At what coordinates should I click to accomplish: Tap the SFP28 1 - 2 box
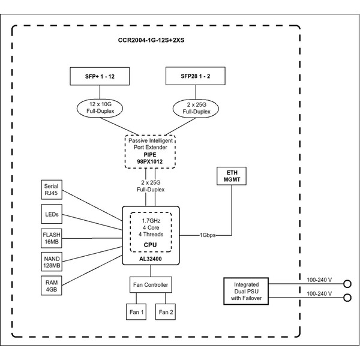[196, 77]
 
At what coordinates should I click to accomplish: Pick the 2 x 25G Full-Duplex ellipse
[196, 108]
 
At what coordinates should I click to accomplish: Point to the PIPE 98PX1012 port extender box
[149, 152]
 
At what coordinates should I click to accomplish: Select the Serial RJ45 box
[51, 190]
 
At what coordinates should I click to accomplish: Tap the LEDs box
[51, 214]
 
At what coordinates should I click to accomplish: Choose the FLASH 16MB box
[51, 237]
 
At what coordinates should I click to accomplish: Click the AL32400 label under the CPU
[151, 259]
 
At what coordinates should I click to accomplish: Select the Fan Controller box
[150, 285]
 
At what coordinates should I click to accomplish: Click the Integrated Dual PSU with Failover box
[246, 291]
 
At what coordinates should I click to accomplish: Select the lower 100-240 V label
[319, 294]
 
